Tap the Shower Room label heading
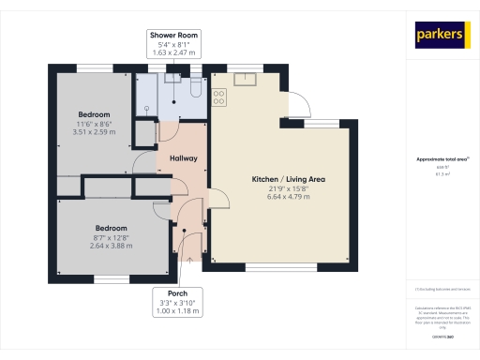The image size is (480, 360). click(x=174, y=35)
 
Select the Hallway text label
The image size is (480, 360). click(x=183, y=158)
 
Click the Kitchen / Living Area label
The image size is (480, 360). click(x=288, y=179)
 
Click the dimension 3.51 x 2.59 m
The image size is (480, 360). click(x=94, y=132)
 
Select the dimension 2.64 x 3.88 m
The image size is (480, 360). click(x=110, y=247)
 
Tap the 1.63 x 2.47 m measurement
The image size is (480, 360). click(x=174, y=53)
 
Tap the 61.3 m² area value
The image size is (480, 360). click(x=442, y=173)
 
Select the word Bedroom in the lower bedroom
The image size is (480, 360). click(x=110, y=228)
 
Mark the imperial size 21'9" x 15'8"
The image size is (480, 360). click(x=288, y=188)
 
